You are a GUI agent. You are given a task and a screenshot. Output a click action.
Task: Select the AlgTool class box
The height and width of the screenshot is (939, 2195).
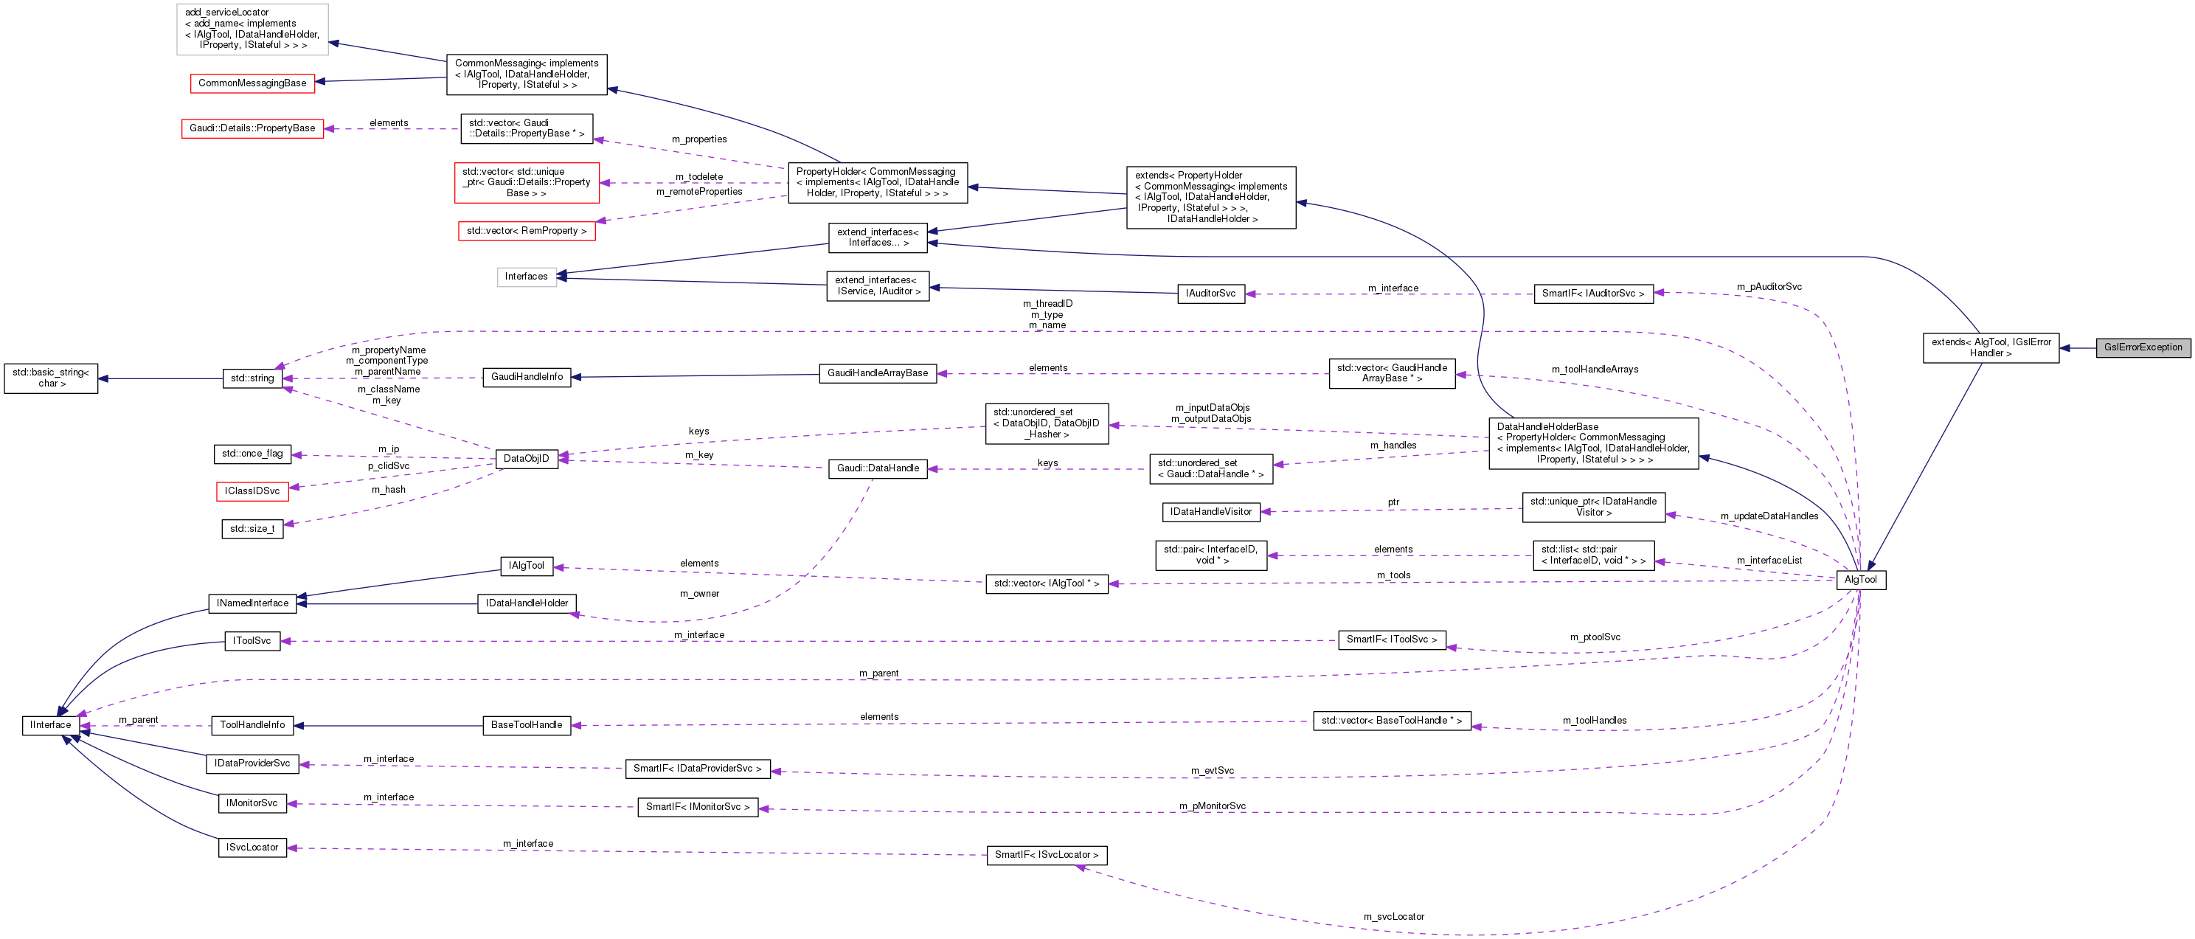coord(1860,581)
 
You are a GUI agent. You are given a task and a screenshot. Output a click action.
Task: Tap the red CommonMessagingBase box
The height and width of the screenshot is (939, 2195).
coord(252,83)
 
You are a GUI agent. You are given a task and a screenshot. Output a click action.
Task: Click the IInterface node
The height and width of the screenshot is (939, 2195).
coord(50,725)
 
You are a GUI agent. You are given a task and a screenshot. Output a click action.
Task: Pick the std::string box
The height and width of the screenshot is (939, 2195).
coord(252,378)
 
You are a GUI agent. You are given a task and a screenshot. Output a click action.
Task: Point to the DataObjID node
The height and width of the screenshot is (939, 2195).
coord(526,458)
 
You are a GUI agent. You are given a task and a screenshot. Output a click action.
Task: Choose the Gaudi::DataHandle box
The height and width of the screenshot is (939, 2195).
coord(878,468)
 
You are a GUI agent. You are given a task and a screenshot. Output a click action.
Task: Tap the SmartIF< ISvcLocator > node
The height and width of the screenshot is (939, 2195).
coord(1047,856)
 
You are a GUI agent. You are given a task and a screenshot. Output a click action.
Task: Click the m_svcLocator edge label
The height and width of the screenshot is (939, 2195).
coord(1393,917)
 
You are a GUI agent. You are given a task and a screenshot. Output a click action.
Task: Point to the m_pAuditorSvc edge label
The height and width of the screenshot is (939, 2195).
coord(1769,287)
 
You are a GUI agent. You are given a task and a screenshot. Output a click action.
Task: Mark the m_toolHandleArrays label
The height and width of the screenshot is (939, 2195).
coord(1595,370)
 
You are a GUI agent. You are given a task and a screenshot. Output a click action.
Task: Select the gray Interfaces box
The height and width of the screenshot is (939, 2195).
coord(526,277)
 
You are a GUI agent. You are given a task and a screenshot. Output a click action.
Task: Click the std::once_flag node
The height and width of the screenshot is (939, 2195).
coord(252,454)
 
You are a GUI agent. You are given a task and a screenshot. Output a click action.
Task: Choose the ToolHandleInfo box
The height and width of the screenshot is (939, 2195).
coord(252,725)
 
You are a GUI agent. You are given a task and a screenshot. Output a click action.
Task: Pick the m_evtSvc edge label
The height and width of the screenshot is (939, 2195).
coord(1212,771)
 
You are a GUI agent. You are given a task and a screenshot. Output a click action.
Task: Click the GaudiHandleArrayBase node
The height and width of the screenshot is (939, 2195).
coord(878,373)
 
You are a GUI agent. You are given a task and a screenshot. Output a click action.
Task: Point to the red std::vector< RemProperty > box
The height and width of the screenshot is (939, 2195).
coord(526,231)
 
